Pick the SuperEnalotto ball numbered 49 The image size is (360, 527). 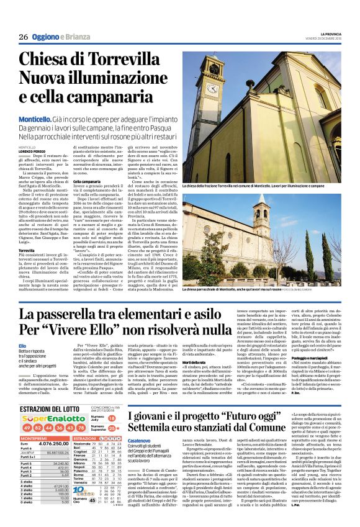coord(29,410)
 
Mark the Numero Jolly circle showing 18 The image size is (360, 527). coord(112,402)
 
